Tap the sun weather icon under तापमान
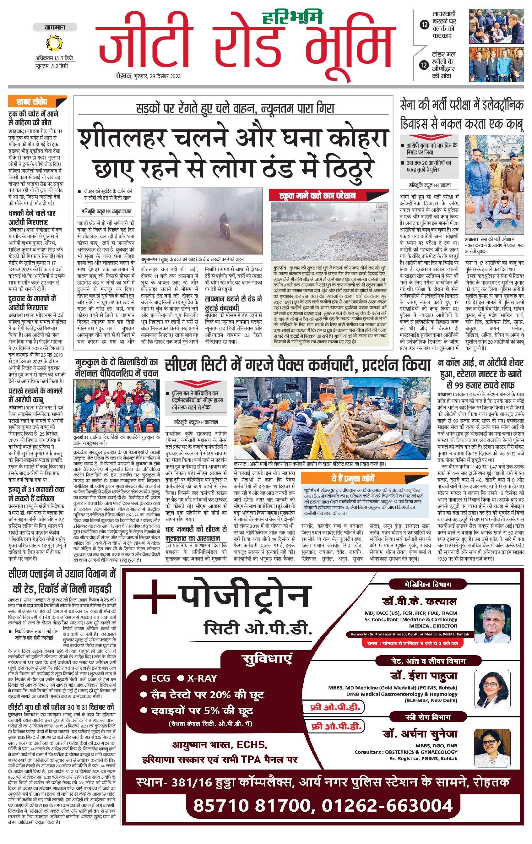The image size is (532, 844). [55, 44]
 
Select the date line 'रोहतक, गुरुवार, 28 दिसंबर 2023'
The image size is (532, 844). [149, 76]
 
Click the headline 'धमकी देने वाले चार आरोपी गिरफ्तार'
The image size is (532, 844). [32, 217]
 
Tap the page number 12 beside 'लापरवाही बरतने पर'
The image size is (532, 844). [424, 25]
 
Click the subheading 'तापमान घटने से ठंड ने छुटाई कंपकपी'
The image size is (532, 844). [233, 303]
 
